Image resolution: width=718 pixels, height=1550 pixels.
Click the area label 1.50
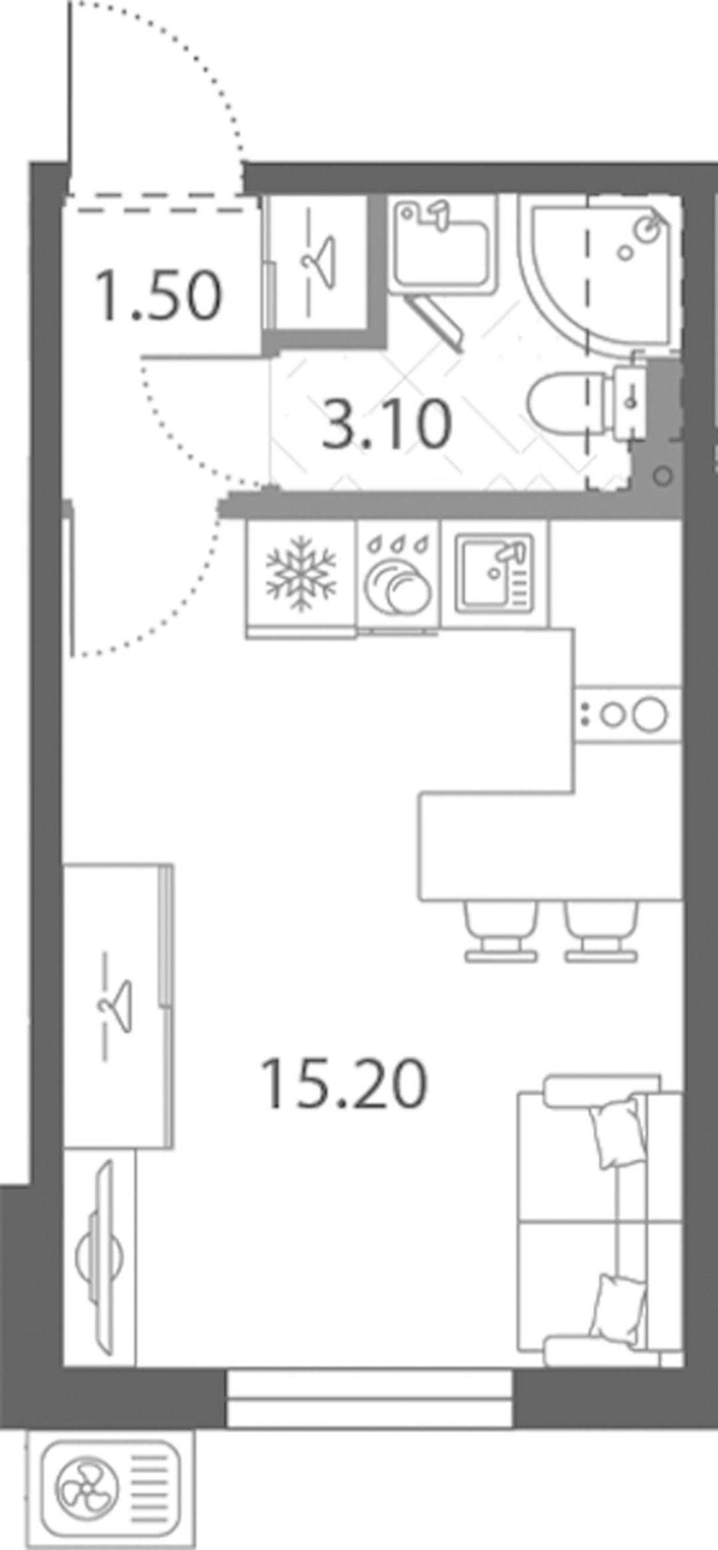click(x=158, y=295)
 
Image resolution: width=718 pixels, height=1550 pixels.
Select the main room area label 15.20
click(x=344, y=1084)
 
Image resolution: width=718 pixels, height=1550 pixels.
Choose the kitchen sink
click(x=495, y=573)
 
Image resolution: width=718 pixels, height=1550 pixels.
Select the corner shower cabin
click(x=601, y=273)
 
